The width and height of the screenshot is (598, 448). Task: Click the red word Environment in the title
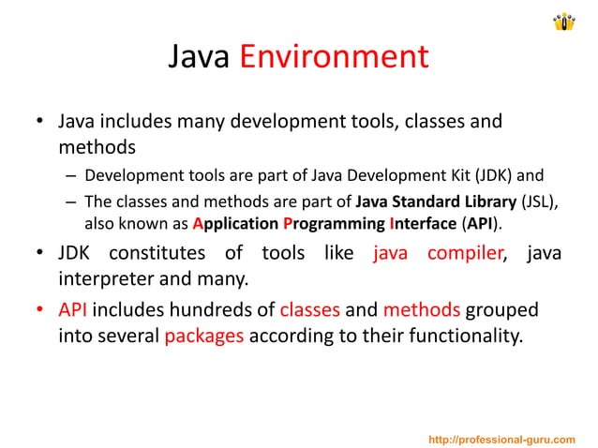click(334, 58)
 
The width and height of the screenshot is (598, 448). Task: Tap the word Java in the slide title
click(198, 58)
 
